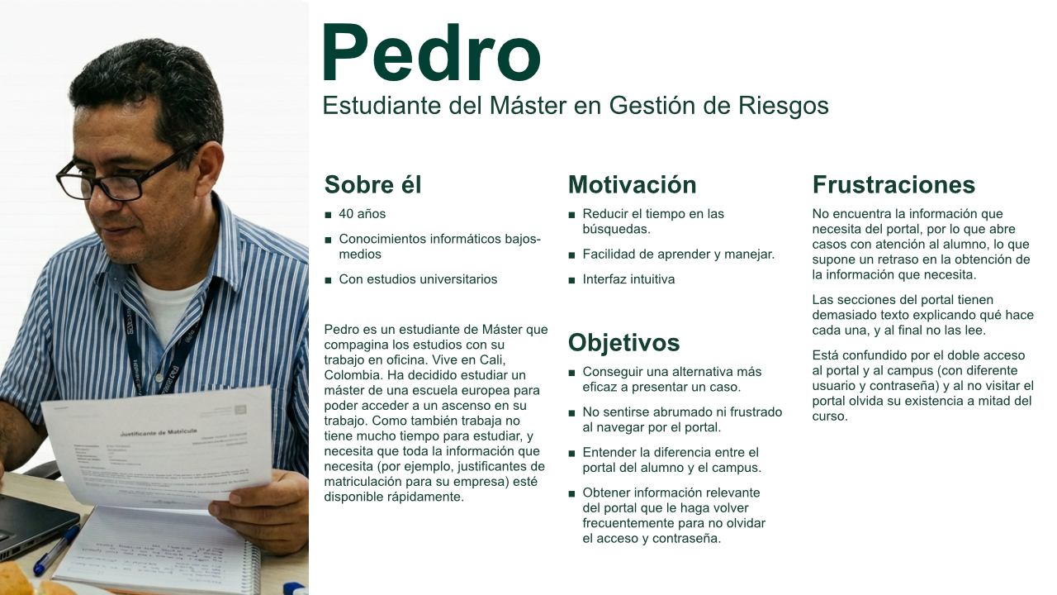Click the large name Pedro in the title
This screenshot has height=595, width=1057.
click(x=431, y=53)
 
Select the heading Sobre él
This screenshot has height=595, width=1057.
click(x=372, y=184)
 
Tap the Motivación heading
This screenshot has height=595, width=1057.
click(x=632, y=184)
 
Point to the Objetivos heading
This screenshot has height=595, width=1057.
click(x=623, y=343)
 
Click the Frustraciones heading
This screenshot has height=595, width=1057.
click(x=893, y=184)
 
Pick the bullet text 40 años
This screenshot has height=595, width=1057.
click(x=362, y=214)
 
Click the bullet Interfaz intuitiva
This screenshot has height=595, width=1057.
click(x=628, y=279)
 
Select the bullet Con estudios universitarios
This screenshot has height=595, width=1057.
click(x=418, y=279)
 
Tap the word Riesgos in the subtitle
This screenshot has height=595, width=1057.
click(x=784, y=107)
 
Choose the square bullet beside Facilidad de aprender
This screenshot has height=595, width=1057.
click(x=572, y=255)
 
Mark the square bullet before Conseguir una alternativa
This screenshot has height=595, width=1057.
click(x=572, y=373)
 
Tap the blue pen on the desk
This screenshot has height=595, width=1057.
click(x=56, y=550)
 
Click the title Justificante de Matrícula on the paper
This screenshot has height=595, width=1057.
click(x=158, y=432)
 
